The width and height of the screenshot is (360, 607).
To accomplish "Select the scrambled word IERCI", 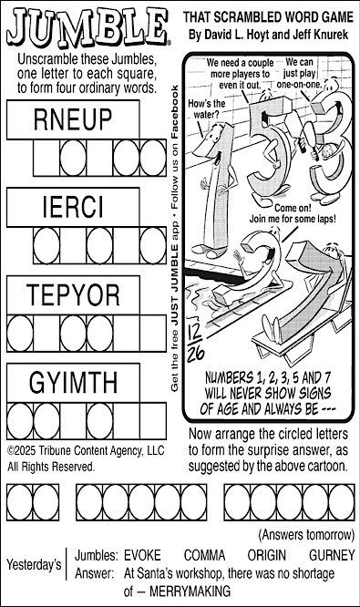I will point(75,208).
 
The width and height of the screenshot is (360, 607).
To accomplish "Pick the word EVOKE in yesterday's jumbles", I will point(141,555).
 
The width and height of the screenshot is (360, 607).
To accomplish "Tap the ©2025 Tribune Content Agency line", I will point(85,450).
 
